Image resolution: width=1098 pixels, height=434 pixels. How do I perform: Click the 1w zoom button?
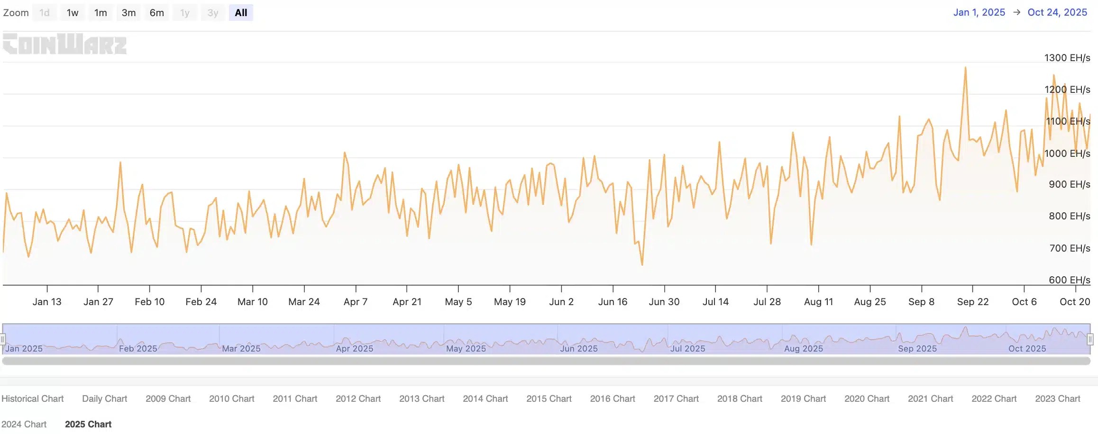(73, 13)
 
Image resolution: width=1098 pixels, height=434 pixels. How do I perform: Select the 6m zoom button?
(157, 13)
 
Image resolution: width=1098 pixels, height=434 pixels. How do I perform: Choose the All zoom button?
(241, 13)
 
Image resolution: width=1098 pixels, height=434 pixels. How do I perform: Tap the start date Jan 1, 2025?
(979, 12)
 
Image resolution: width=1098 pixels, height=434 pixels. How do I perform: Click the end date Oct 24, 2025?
(1057, 12)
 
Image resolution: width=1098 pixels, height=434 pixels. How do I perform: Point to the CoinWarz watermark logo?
(65, 44)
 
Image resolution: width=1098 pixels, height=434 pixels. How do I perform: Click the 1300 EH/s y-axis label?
(1067, 58)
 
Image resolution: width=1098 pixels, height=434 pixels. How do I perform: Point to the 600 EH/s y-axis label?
(1069, 280)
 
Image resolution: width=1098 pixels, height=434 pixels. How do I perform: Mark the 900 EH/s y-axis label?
(1069, 184)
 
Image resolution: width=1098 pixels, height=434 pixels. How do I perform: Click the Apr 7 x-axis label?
(356, 302)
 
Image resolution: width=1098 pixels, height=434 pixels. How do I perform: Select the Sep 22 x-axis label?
(973, 302)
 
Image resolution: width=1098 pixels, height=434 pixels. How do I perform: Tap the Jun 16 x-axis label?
(613, 302)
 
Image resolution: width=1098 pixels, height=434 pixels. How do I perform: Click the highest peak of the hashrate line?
(965, 68)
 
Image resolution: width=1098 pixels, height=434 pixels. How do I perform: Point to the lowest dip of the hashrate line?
(642, 264)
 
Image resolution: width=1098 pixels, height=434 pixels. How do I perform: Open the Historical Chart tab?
(32, 398)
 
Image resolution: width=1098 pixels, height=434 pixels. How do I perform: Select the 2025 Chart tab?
(88, 424)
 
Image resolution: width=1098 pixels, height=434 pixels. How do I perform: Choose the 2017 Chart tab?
(676, 398)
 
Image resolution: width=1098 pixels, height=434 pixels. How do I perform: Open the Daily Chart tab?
(104, 398)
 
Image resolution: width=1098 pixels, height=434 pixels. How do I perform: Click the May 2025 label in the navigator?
(466, 349)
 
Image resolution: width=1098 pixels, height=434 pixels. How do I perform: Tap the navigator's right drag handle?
(1090, 339)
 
